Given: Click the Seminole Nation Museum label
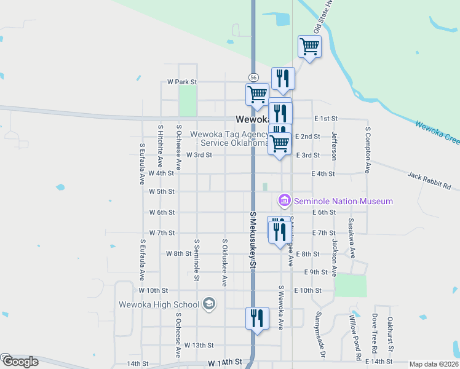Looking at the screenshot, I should [343, 201].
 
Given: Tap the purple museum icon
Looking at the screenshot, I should [284, 200].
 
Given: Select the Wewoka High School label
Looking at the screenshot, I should [159, 304].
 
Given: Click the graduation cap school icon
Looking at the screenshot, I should [209, 304].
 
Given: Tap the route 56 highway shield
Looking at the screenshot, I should [253, 77].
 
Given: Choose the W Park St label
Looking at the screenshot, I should [181, 82].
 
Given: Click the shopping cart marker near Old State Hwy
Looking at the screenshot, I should [309, 46].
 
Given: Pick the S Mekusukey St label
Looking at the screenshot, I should [252, 240].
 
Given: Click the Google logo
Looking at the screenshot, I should [20, 362].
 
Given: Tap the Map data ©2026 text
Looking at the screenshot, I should [434, 364].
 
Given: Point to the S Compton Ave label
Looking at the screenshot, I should [367, 150].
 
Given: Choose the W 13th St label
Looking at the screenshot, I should [199, 346].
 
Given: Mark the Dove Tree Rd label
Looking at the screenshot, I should [374, 336].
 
